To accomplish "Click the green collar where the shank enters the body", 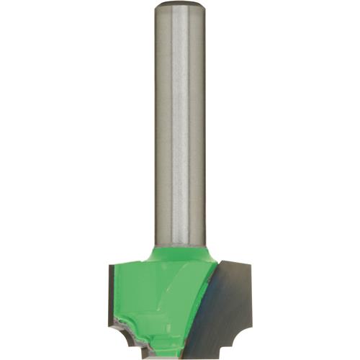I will pyautogui.click(x=180, y=249).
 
